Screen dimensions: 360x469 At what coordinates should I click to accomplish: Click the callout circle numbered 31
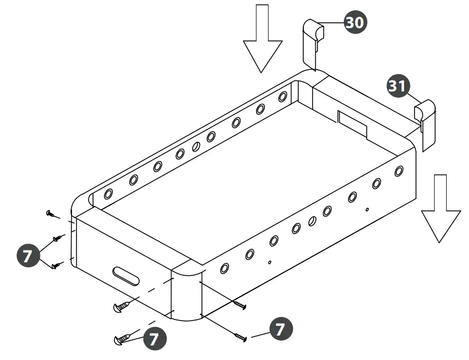pyautogui.click(x=399, y=86)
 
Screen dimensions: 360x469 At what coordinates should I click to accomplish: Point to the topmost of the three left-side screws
pyautogui.click(x=51, y=214)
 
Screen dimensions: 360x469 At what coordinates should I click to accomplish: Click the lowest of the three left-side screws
pyautogui.click(x=56, y=266)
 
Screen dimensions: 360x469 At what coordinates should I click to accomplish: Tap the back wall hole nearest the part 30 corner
pyautogui.click(x=283, y=97)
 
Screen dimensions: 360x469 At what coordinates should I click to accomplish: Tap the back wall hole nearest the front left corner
pyautogui.click(x=108, y=194)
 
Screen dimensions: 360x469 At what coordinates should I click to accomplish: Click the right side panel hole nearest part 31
pyautogui.click(x=399, y=171)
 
